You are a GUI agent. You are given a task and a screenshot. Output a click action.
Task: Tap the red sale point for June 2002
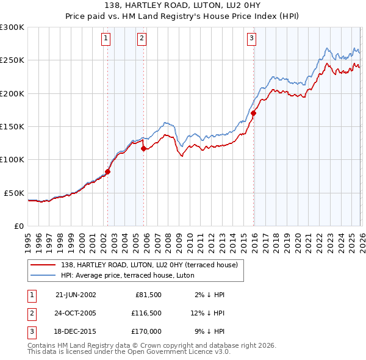(107, 172)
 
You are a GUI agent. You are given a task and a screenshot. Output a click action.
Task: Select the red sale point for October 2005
(143, 148)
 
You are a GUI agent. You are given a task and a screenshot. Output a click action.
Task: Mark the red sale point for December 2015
(253, 113)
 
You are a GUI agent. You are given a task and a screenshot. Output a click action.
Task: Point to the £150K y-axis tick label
(12, 126)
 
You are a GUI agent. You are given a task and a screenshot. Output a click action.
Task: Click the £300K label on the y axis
(12, 27)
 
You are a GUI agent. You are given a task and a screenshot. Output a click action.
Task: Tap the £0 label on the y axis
(18, 226)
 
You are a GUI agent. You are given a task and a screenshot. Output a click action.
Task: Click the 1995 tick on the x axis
(27, 238)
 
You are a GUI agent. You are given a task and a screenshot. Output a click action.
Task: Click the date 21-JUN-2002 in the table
(75, 294)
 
